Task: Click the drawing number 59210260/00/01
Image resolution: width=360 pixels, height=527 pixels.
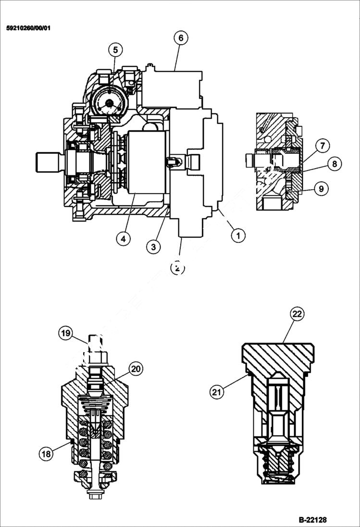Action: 28,28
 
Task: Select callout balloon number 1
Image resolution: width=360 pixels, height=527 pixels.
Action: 237,235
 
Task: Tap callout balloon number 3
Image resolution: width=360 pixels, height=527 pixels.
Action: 153,247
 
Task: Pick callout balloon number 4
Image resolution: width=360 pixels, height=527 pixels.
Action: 124,239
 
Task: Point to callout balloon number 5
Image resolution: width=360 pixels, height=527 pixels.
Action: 115,49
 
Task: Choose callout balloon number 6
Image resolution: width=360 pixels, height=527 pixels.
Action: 180,38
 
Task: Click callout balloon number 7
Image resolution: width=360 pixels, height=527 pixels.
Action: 322,145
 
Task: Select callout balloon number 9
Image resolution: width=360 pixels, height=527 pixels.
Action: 322,189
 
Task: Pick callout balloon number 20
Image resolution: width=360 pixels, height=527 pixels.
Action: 136,369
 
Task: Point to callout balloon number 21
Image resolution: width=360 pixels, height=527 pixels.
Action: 217,392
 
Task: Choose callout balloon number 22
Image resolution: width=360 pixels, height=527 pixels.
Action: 297,314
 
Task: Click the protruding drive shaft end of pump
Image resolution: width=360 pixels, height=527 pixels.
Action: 48,161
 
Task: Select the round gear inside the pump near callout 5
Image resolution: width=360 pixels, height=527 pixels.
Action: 110,103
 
